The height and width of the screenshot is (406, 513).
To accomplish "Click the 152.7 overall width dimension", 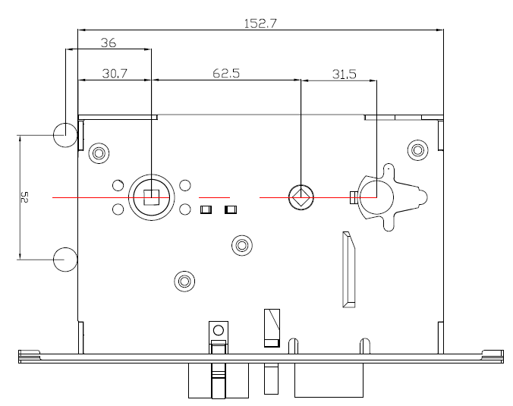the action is (x=260, y=24).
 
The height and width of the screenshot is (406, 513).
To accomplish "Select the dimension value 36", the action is (x=109, y=42).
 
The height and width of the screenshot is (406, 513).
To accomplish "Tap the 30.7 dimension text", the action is (x=115, y=74).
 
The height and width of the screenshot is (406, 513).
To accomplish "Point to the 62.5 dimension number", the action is (x=226, y=74).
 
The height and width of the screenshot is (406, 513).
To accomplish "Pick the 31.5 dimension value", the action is (x=345, y=74).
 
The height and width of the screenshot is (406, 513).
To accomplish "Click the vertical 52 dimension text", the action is (x=24, y=197).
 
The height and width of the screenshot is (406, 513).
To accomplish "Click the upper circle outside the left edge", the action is (x=65, y=135).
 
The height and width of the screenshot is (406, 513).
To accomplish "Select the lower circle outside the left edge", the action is (x=65, y=260).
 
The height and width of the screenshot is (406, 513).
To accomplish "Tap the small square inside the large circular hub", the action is (x=152, y=197).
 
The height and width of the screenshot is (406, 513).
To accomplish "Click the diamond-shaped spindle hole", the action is (x=301, y=197).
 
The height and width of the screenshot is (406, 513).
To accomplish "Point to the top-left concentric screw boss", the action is (x=99, y=153).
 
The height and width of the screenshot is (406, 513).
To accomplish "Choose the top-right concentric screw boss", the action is (x=417, y=150).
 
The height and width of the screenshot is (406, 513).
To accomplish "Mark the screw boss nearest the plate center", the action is (x=242, y=245).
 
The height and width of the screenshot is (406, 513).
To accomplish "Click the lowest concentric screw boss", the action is (x=184, y=281).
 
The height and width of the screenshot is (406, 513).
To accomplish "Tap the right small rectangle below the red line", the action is (x=231, y=209).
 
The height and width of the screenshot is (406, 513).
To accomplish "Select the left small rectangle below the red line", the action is (x=206, y=209).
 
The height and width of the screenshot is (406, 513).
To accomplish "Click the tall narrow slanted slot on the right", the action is (x=349, y=269).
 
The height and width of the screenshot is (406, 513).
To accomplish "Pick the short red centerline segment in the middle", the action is (x=214, y=197).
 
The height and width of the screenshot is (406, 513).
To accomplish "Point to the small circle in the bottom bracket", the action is (x=219, y=330).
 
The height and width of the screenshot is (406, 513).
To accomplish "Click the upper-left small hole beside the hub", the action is (x=118, y=185).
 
